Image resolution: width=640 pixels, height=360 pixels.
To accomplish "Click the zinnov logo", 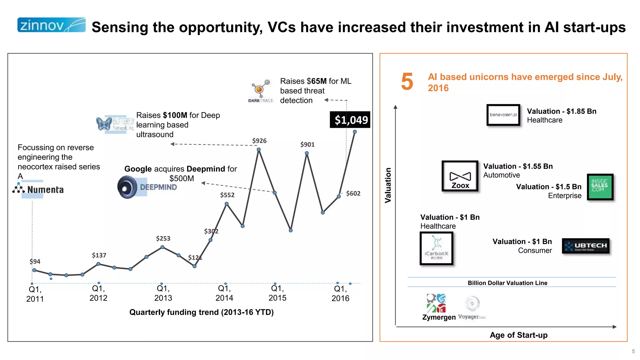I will click(51, 25).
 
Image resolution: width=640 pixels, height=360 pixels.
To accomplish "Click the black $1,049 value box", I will click(350, 120).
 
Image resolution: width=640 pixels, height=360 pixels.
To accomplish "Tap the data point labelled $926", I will click(259, 150).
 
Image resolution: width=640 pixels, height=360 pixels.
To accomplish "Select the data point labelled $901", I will click(307, 153).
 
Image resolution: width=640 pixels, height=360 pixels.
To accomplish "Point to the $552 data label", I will click(227, 195).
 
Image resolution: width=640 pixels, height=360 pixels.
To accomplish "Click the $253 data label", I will click(163, 238).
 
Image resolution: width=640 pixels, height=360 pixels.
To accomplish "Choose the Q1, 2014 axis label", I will click(224, 293).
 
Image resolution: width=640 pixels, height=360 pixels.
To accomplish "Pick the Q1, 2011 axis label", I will click(35, 294).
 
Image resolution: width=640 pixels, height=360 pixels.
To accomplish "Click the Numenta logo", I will click(38, 189).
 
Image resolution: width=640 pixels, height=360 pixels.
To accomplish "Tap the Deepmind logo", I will click(147, 187).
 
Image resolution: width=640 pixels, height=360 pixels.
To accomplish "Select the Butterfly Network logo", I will click(115, 124).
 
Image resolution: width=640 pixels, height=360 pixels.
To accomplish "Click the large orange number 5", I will click(407, 82).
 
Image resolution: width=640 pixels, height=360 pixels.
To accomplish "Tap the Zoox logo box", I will click(460, 176).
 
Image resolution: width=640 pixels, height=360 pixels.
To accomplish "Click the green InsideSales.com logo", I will click(600, 187).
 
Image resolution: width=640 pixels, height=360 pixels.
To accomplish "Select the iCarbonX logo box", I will click(437, 248).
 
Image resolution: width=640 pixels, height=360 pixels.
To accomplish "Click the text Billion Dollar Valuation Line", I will click(507, 283).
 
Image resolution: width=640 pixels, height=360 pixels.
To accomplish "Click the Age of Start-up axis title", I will click(518, 335).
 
